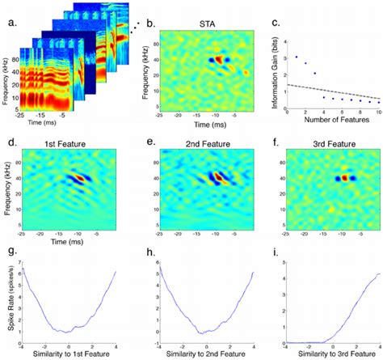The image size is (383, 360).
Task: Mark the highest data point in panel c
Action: point(297,57)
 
